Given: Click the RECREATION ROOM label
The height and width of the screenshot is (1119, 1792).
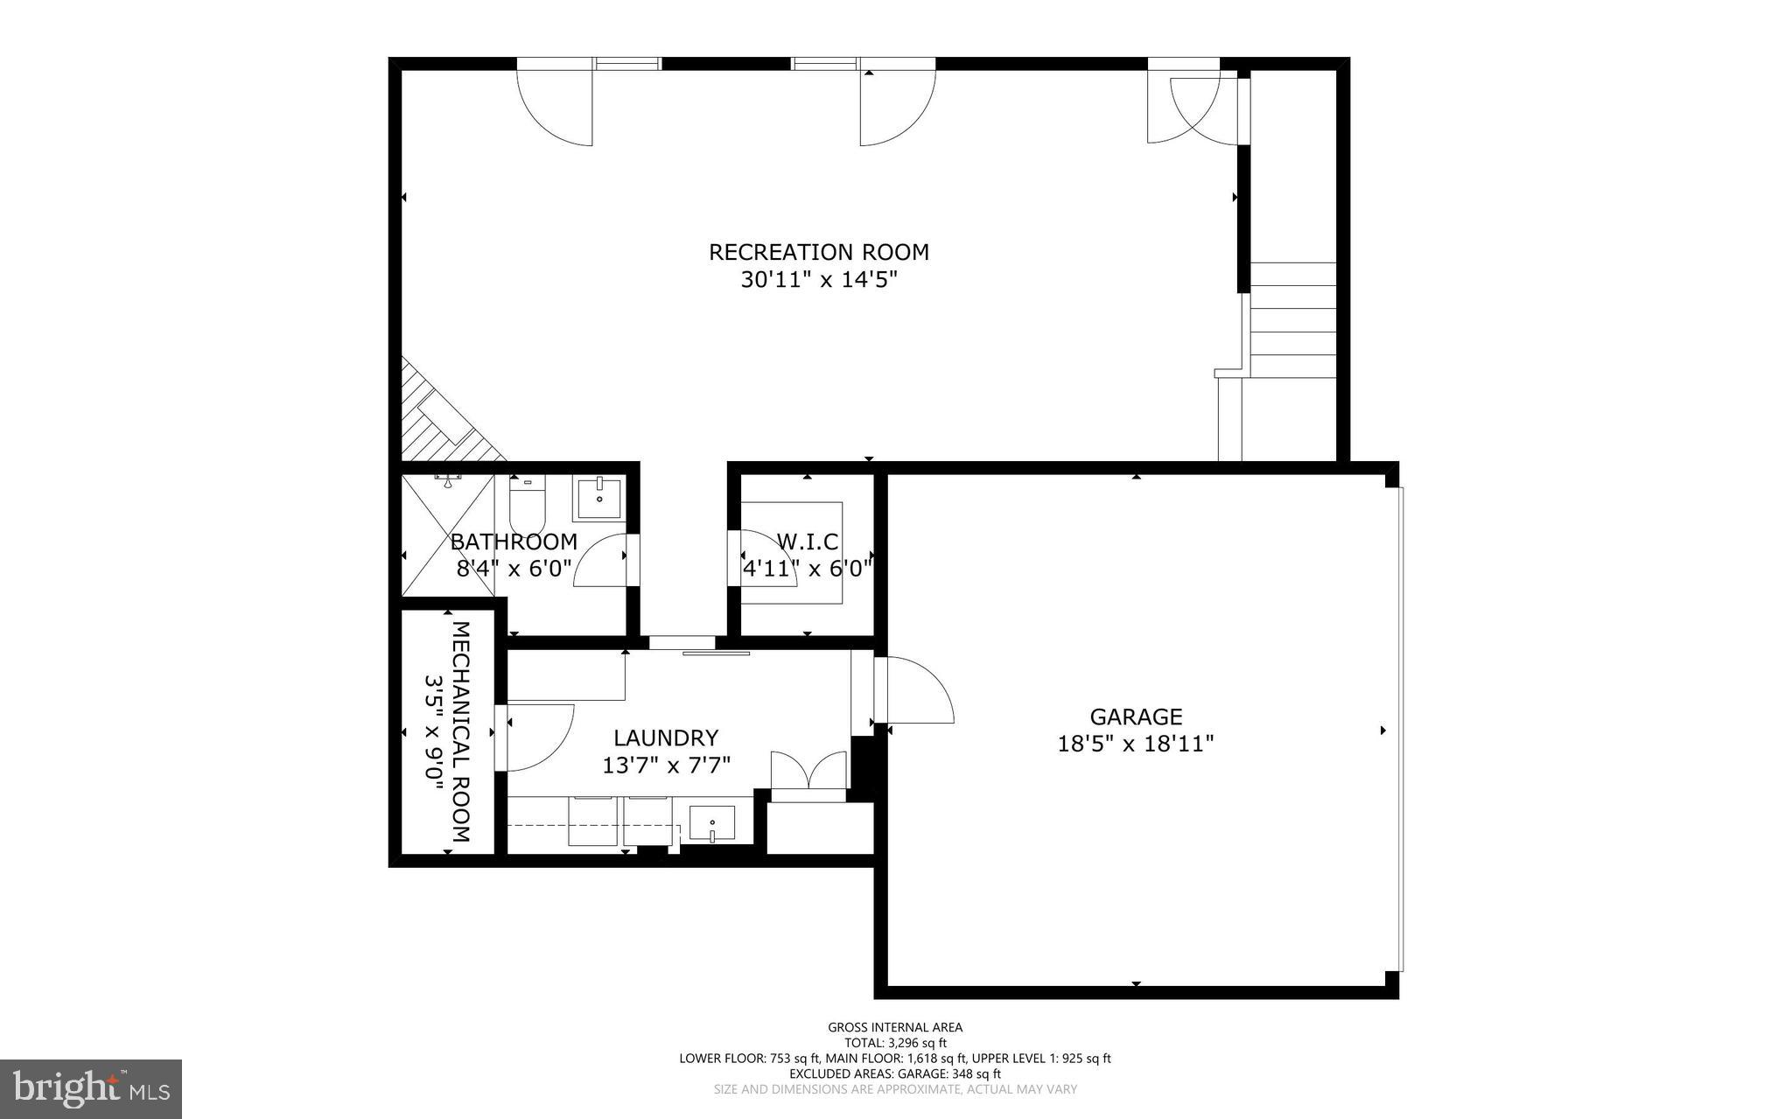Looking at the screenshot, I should pos(818,252).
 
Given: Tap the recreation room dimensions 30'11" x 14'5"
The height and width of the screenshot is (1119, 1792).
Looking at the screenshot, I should pos(818,280).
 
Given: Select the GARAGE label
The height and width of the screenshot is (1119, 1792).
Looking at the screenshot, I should pos(1136,717).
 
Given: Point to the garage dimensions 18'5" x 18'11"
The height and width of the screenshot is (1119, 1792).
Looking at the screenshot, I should pos(1136,744).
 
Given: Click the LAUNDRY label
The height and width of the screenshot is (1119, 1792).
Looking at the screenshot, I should pos(666,738).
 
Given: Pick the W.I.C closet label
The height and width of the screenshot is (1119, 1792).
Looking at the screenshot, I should pos(807,542).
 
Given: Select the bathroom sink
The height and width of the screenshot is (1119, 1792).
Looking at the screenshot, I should pos(599,499).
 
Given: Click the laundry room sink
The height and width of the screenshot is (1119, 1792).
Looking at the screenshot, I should pos(711,823).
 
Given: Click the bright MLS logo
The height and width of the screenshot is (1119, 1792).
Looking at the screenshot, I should pos(90,1088).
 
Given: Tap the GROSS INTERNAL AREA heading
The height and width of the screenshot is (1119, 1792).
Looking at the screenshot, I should pos(895,1027).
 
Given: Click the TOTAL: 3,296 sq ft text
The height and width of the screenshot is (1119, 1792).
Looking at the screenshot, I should pos(895,1043).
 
